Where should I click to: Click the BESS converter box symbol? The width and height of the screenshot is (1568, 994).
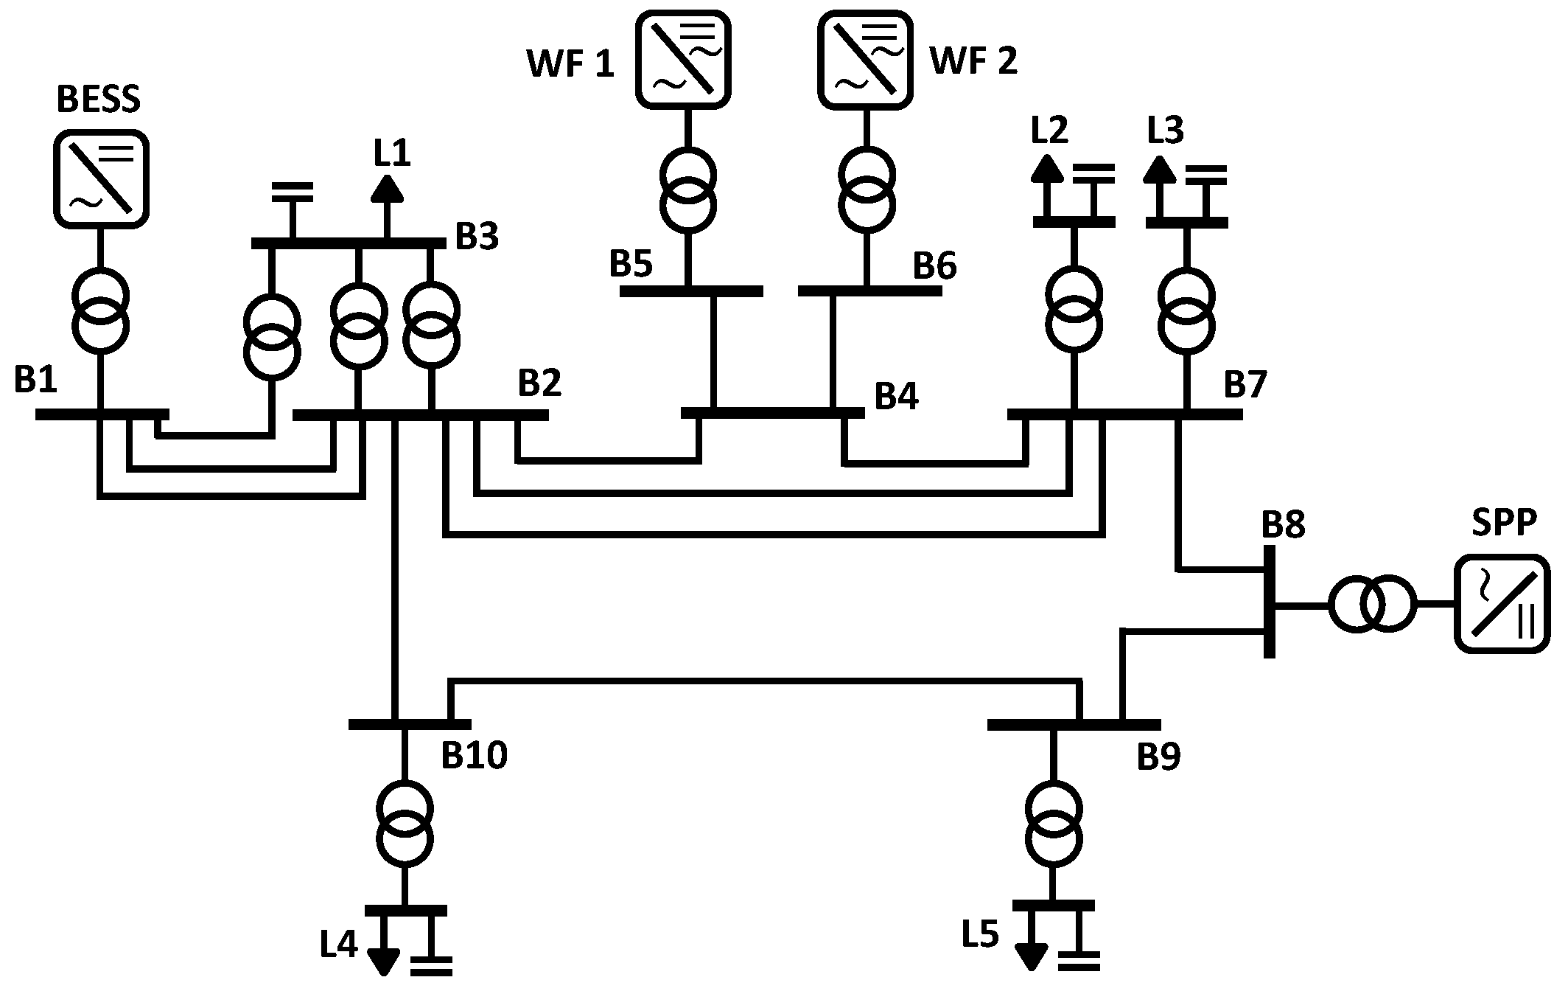102,178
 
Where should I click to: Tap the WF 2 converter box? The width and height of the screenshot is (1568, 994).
866,60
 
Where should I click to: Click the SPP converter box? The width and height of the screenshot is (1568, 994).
1502,604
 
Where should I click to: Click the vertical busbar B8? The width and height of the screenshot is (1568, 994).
1270,601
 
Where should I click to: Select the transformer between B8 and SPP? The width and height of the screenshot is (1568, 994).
1372,605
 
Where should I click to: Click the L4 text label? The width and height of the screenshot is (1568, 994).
338,945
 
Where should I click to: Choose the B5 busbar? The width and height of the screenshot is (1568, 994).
690,291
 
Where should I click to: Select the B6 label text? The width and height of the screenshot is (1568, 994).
934,266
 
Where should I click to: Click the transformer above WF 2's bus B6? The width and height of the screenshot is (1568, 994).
867,188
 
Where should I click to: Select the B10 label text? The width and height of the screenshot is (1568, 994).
474,756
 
